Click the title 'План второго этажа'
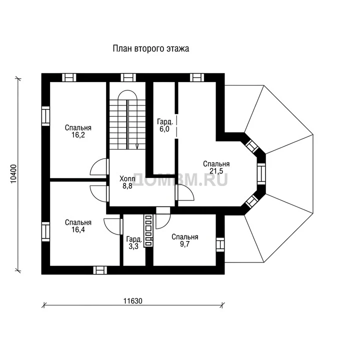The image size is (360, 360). (x=151, y=48)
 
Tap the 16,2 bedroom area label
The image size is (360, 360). (x=78, y=131)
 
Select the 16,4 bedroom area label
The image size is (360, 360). (x=78, y=226)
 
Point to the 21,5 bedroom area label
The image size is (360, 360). (x=216, y=167)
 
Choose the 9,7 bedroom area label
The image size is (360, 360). (x=185, y=240)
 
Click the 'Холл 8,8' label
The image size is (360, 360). (x=127, y=182)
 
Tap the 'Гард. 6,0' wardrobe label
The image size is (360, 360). (x=164, y=125)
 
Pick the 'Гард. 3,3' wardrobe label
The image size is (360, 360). (x=134, y=243)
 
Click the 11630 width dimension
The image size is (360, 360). (x=133, y=301)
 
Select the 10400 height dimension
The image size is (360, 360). (x=13, y=174)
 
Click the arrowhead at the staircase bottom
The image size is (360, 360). (x=137, y=146)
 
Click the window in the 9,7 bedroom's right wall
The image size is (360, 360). (x=220, y=244)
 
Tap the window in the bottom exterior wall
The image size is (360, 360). (x=100, y=270)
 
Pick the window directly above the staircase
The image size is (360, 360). (x=128, y=77)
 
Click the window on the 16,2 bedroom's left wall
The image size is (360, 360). (x=45, y=116)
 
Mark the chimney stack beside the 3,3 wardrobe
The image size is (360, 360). (x=148, y=230)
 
